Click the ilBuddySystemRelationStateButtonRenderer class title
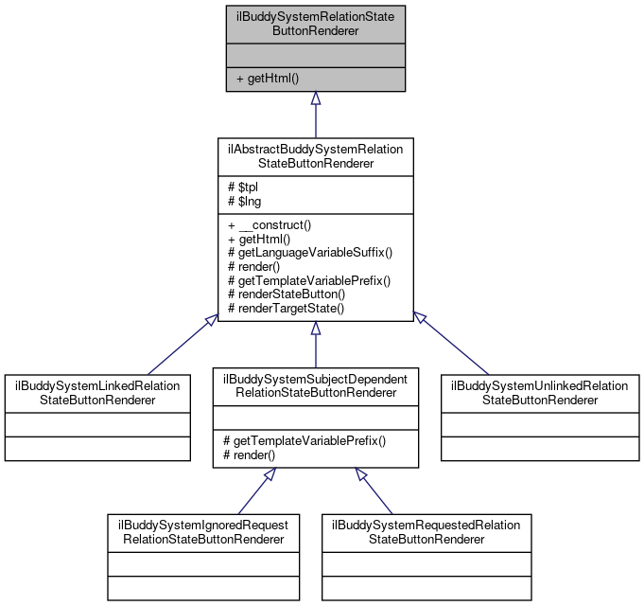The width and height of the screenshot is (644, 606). (x=315, y=24)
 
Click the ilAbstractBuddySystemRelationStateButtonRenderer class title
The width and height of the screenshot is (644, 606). (x=315, y=156)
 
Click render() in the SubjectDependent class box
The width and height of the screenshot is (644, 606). (x=250, y=455)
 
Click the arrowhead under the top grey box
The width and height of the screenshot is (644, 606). (x=316, y=98)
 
